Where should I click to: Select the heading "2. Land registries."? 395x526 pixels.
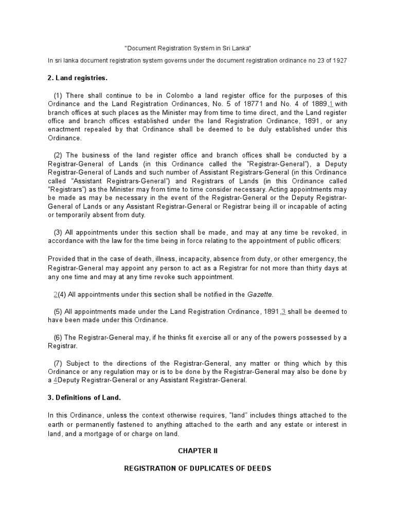(x=78, y=78)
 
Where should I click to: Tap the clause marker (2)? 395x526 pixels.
(x=58, y=156)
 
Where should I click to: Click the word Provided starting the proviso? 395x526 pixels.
(x=62, y=259)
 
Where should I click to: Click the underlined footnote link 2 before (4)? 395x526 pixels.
(x=56, y=294)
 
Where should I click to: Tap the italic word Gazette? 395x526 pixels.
(x=260, y=294)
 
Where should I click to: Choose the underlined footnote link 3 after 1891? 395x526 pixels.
(x=283, y=311)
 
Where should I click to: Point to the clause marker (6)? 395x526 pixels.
(x=58, y=337)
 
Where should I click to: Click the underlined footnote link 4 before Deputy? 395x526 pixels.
(x=56, y=380)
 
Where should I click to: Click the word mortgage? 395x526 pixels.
(x=106, y=434)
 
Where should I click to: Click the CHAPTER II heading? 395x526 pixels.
(x=198, y=450)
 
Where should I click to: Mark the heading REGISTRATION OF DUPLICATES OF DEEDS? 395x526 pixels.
(x=198, y=468)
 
